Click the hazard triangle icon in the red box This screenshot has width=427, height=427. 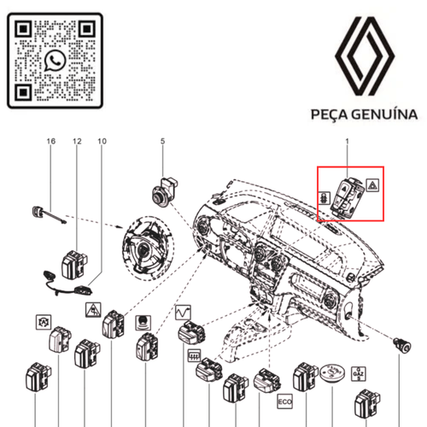(x=372, y=182)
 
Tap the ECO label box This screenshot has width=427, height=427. (x=284, y=400)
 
